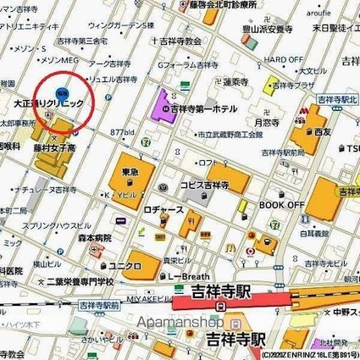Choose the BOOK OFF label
click(281, 204)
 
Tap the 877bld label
click(123, 132)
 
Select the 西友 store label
click(321, 132)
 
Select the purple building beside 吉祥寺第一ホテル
click(163, 105)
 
